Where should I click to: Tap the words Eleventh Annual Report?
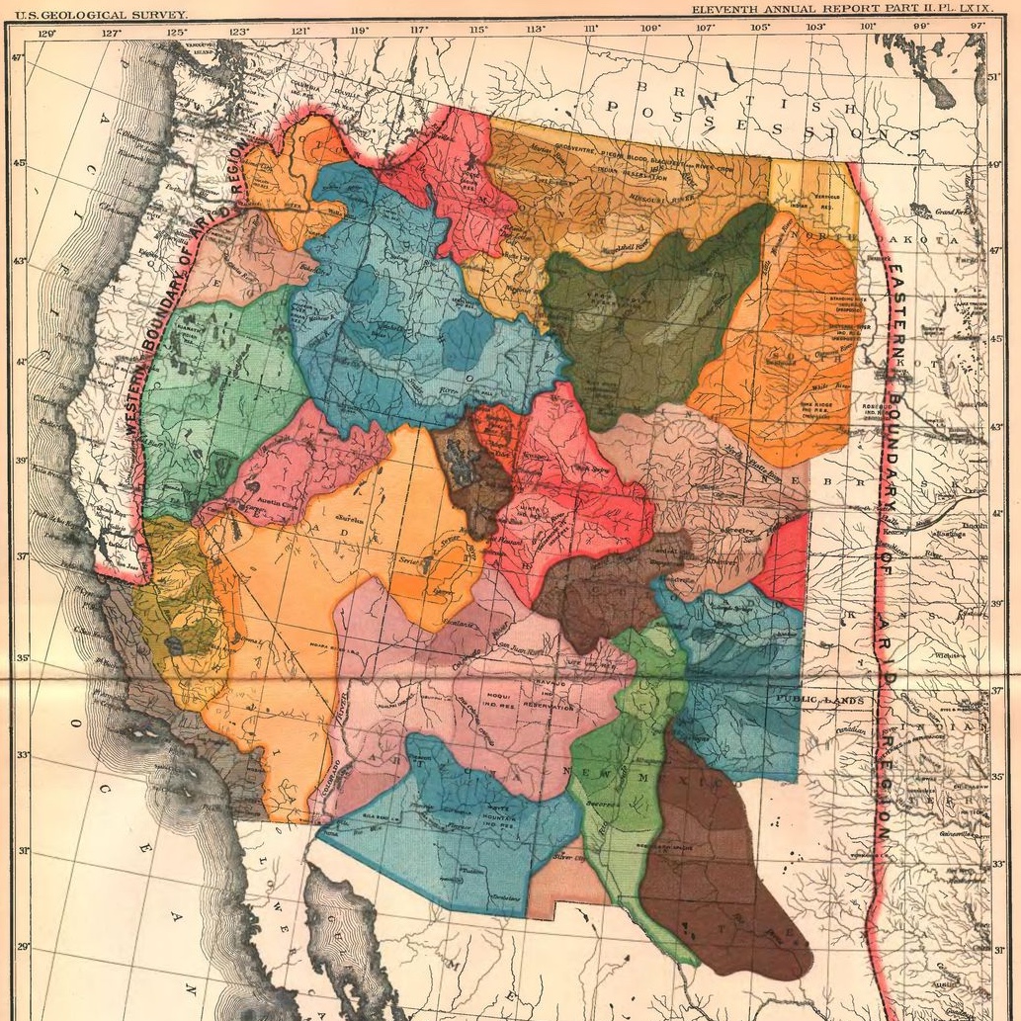781,10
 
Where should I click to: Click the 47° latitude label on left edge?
16,57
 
